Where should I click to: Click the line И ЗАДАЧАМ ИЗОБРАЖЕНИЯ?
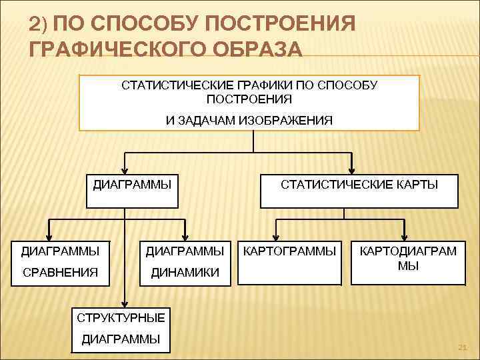[x=249, y=119]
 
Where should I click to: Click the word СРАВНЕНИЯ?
[x=60, y=272]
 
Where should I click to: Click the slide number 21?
[x=461, y=347]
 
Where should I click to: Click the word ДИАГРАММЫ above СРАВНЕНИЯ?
[x=60, y=251]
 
